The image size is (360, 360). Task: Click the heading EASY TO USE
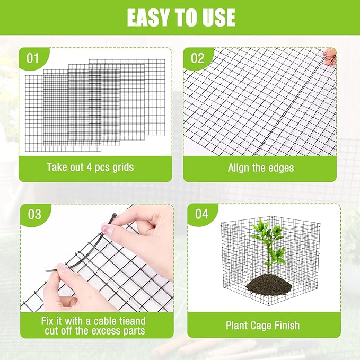click(180, 17)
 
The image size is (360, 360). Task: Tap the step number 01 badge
click(33, 58)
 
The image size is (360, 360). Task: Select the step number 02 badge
click(197, 58)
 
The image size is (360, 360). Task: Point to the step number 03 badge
click(34, 214)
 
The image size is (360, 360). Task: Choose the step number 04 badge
click(201, 214)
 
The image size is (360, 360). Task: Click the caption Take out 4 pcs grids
click(90, 167)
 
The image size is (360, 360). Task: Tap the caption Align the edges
click(260, 168)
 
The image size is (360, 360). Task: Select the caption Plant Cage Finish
click(262, 325)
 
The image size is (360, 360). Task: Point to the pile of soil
click(269, 285)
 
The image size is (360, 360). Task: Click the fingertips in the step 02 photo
click(330, 56)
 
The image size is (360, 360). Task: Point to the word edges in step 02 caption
click(281, 168)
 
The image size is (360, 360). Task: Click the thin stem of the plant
click(268, 265)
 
